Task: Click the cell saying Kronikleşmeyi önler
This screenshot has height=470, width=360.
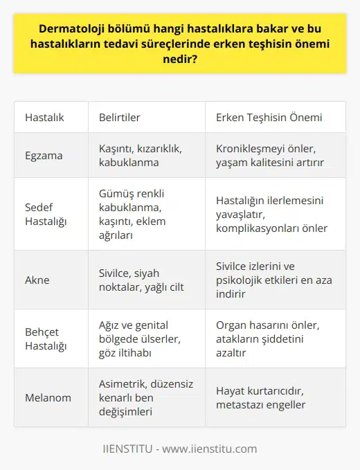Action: (x=270, y=155)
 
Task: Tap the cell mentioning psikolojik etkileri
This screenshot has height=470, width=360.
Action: (x=270, y=280)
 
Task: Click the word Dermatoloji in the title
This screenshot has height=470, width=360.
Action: (x=68, y=30)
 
